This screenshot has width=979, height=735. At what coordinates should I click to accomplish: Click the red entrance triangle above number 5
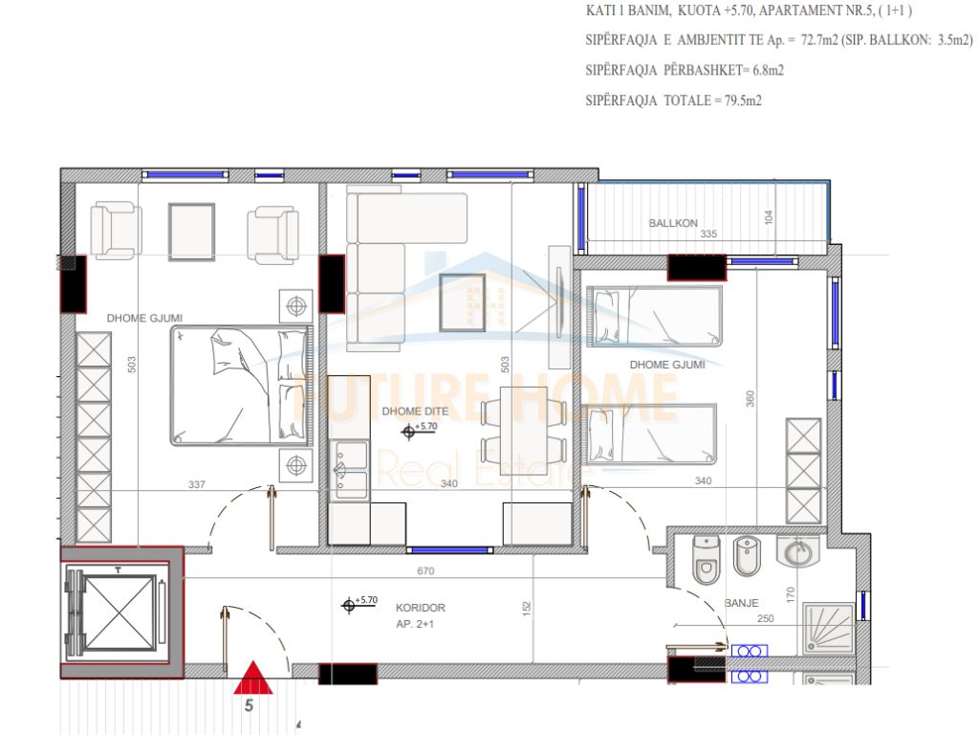click(x=252, y=679)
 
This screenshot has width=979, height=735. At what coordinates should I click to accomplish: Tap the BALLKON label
click(x=672, y=223)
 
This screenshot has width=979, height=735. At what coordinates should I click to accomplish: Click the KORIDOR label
click(x=421, y=608)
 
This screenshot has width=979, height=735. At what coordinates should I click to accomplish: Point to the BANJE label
click(x=741, y=603)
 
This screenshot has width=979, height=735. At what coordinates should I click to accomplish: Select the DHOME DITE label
click(x=415, y=412)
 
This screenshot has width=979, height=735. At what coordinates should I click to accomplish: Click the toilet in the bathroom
click(x=707, y=559)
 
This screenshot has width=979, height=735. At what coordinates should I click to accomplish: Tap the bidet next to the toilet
click(x=746, y=556)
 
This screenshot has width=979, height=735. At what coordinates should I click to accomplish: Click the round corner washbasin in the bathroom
click(x=798, y=552)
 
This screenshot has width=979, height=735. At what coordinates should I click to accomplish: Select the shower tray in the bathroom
click(x=828, y=628)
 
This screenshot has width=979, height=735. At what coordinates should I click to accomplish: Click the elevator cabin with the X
click(x=119, y=613)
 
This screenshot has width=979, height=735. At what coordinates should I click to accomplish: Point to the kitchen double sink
click(x=350, y=470)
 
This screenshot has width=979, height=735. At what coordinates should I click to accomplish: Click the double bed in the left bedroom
click(x=240, y=385)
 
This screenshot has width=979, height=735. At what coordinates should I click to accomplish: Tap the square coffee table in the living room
click(x=463, y=302)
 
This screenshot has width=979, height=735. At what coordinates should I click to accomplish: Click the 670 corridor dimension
click(x=425, y=570)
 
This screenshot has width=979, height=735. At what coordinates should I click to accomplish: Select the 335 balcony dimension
click(x=708, y=234)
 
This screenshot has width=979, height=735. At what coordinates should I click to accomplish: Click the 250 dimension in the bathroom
click(x=766, y=619)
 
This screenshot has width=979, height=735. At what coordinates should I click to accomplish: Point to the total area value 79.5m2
click(x=743, y=100)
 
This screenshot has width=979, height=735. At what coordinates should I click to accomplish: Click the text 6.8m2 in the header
click(x=768, y=70)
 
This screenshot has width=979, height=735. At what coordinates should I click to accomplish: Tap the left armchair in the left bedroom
click(x=116, y=230)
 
